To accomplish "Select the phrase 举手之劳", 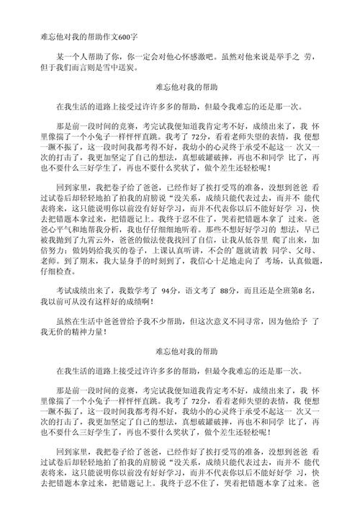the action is click(301, 55).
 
